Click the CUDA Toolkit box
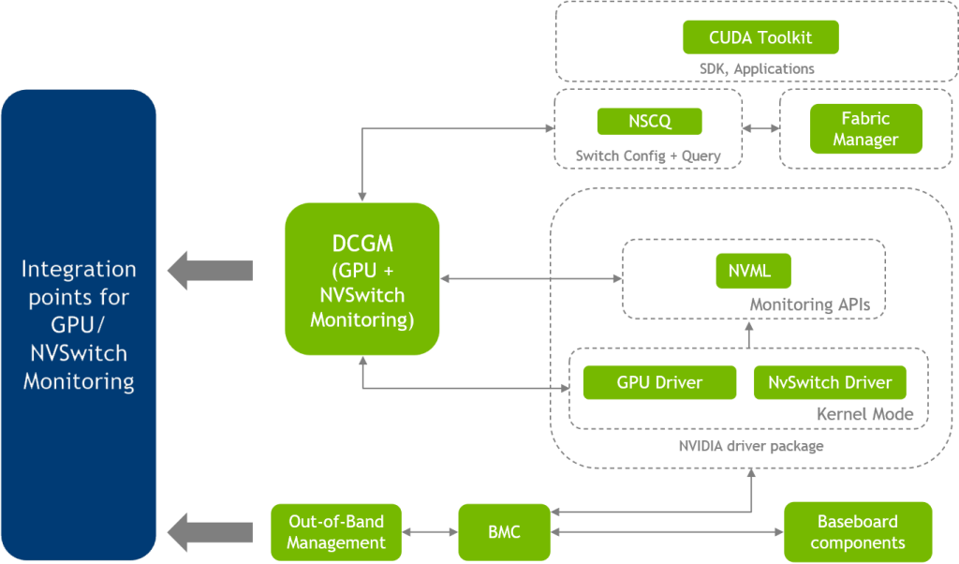(760, 37)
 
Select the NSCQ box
(649, 121)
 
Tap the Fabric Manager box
(865, 129)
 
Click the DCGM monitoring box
(361, 279)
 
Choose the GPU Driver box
(659, 382)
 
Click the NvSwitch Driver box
(830, 382)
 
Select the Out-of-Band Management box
(335, 531)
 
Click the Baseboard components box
(857, 532)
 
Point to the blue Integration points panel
(79, 325)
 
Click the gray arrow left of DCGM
(210, 271)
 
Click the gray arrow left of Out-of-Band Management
(210, 532)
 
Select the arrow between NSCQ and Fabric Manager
(760, 127)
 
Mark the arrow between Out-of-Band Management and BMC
(430, 532)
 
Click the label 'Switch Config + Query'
(648, 156)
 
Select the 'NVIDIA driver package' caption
(751, 446)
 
